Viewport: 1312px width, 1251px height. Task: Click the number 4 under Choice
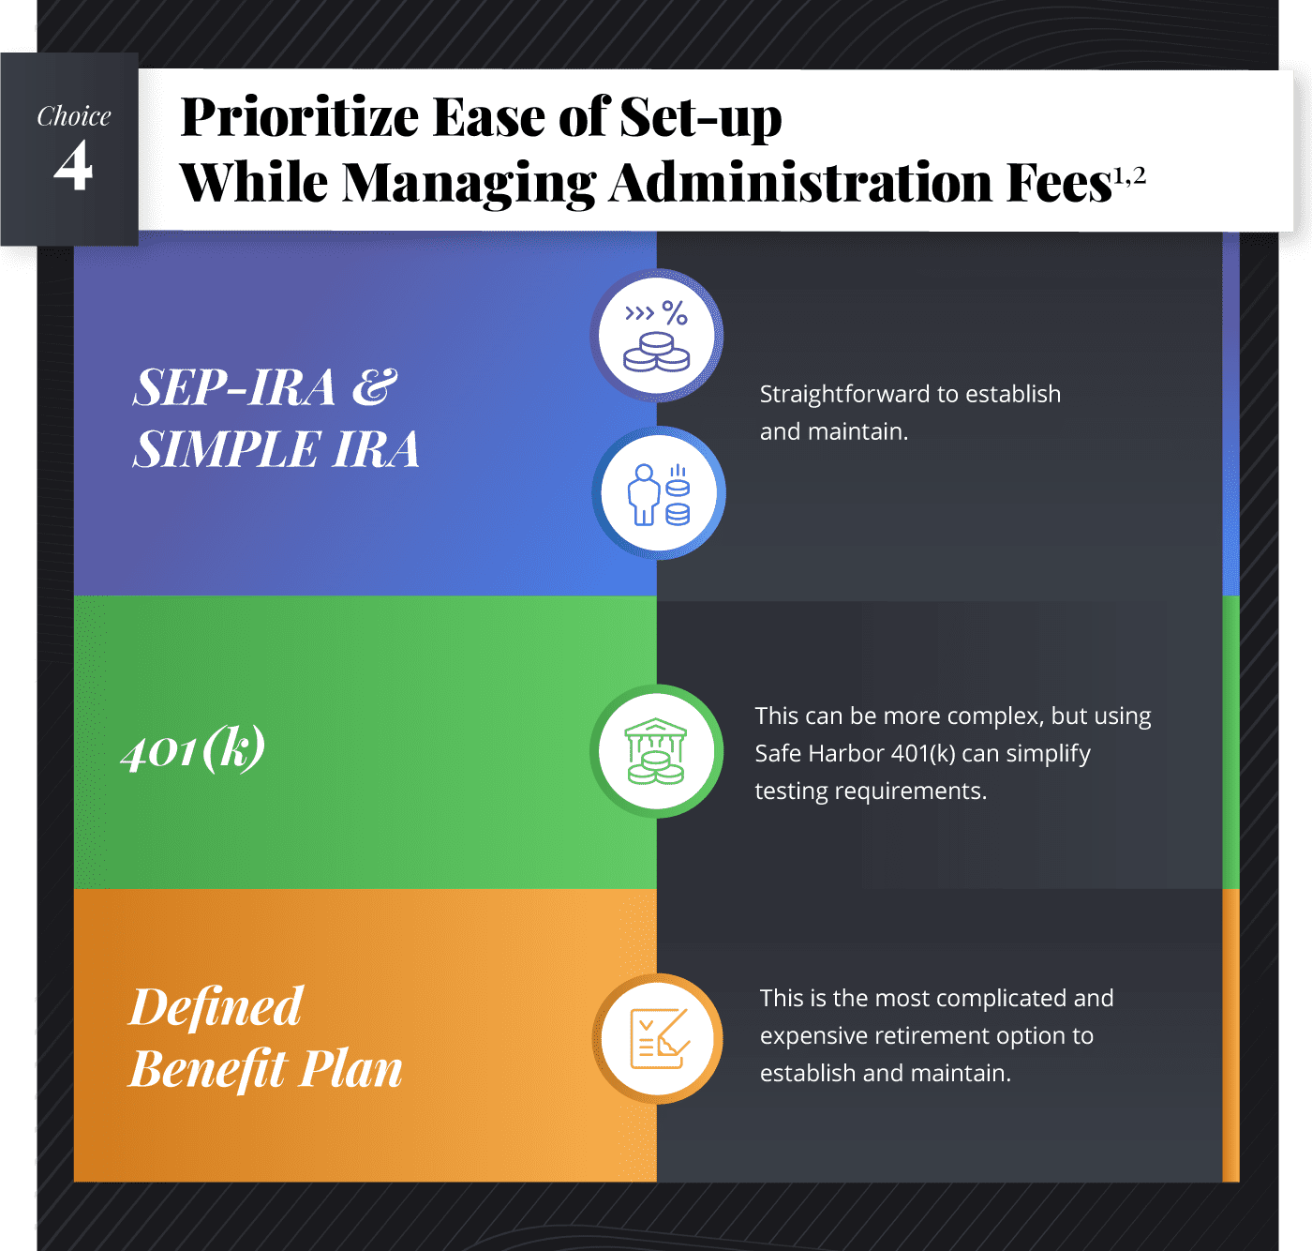point(73,165)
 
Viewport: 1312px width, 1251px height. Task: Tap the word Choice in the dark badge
point(73,116)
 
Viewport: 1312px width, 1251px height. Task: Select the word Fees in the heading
point(1058,182)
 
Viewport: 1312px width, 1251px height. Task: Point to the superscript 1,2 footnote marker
point(1129,175)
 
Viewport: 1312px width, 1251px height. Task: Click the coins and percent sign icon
point(657,336)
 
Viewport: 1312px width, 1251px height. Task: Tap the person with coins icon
point(658,494)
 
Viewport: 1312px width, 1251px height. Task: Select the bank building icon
point(656,751)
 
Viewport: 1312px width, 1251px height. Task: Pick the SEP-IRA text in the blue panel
point(234,387)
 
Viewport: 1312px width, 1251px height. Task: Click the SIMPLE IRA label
point(276,449)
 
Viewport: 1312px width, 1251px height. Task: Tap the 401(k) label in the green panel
point(193,748)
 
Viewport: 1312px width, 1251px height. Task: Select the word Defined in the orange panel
point(216,1006)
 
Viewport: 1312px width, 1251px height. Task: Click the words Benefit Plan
point(265,1069)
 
